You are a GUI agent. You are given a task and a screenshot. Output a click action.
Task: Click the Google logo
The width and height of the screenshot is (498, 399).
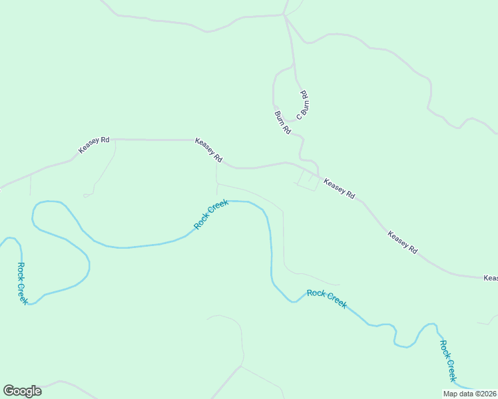(22, 391)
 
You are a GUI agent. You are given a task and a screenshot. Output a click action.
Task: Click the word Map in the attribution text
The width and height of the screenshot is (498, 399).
(451, 394)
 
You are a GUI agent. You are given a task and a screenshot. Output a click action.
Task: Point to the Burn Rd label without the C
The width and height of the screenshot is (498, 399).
(282, 123)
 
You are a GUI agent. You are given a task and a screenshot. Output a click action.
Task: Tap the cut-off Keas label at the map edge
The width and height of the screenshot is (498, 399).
(491, 278)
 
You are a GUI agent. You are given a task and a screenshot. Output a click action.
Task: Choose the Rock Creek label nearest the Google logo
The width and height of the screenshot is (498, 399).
(23, 283)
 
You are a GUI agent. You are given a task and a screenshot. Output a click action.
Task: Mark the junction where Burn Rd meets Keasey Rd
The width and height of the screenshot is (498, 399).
(318, 174)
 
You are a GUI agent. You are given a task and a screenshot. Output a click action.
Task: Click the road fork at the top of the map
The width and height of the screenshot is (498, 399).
(284, 15)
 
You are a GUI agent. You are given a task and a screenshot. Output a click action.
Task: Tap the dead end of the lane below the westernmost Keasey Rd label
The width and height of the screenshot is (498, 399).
(85, 196)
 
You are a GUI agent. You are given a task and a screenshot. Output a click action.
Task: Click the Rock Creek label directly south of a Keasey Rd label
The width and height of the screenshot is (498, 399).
(211, 214)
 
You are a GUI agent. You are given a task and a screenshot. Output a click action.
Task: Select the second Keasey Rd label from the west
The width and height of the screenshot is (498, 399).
(208, 150)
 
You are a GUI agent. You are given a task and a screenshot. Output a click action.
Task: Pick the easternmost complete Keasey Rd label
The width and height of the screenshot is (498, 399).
(402, 241)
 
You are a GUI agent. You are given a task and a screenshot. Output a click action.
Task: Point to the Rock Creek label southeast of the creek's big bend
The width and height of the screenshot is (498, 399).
(326, 299)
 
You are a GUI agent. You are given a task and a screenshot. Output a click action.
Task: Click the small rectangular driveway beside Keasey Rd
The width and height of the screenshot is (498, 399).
(308, 181)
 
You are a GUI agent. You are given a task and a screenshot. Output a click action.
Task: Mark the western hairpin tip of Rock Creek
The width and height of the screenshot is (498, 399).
(33, 213)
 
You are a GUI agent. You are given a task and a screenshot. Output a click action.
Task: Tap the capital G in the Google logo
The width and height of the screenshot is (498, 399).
(9, 391)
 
